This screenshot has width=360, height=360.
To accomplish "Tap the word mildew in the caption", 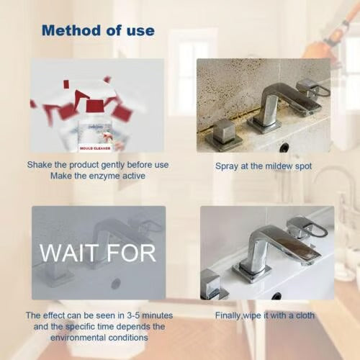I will click(x=279, y=166).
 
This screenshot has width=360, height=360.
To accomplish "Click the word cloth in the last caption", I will click(x=302, y=315).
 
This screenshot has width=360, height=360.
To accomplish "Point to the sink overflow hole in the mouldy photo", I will click(x=284, y=146).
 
